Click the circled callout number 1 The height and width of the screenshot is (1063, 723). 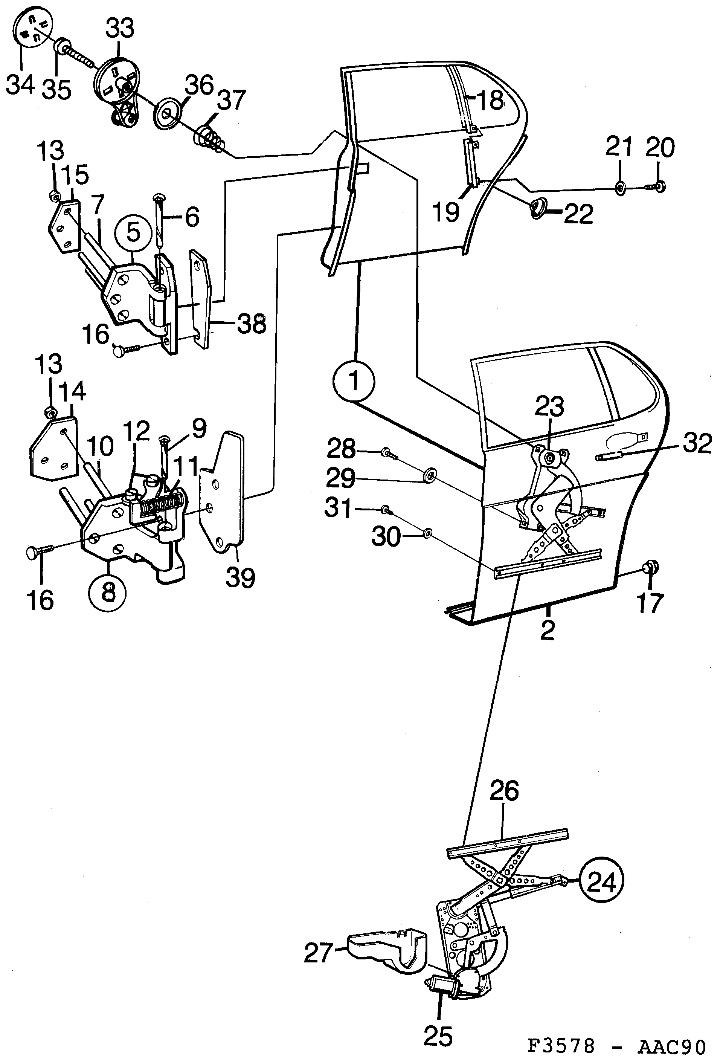point(354,380)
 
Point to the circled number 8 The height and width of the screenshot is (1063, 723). point(108,593)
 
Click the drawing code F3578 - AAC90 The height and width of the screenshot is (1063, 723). point(617,1046)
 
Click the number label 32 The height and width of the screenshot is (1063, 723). point(697,443)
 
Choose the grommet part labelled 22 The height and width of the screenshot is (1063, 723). point(538,210)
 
